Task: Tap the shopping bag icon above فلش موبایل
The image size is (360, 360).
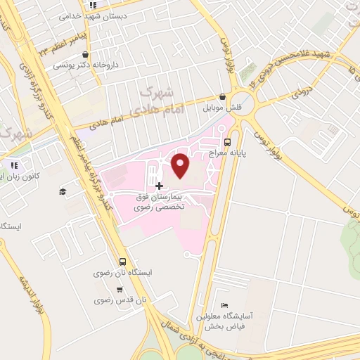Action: tap(222, 97)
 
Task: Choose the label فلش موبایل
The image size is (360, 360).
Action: tap(222, 108)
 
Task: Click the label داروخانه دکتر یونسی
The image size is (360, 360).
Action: tap(88, 65)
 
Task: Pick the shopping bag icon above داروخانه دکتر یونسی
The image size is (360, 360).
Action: tap(86, 54)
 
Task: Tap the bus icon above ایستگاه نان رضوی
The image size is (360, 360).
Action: tap(122, 261)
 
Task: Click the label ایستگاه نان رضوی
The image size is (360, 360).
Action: tap(120, 271)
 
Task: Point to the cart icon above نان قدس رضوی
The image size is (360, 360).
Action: tap(120, 289)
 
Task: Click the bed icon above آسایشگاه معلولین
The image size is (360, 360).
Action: tap(224, 305)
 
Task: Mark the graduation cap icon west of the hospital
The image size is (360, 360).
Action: tap(63, 191)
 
